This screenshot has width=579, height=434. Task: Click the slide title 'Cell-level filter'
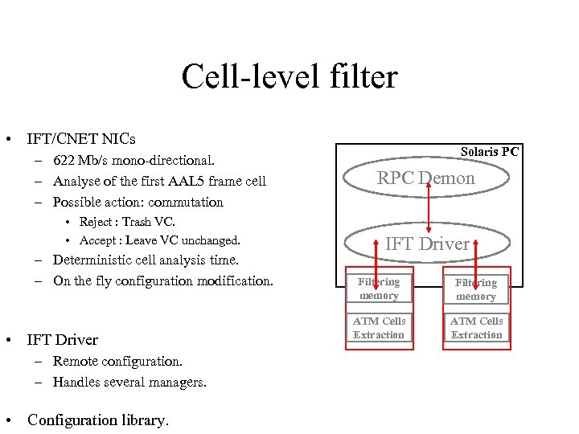(x=289, y=77)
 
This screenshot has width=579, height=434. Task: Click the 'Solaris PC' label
(x=489, y=151)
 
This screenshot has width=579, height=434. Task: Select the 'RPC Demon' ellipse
(x=426, y=178)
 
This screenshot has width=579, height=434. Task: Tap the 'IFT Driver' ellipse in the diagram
(x=426, y=244)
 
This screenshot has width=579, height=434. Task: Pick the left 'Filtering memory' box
(x=379, y=289)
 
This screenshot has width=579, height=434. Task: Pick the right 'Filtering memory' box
(x=476, y=289)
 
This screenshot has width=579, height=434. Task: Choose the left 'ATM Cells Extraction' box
(x=379, y=328)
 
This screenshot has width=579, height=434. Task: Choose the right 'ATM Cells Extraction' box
(x=476, y=328)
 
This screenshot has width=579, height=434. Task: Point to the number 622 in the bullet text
(x=65, y=160)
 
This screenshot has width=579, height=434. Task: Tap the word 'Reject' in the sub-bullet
(x=97, y=222)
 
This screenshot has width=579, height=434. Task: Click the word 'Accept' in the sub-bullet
(x=99, y=240)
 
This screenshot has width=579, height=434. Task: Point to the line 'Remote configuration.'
(x=117, y=361)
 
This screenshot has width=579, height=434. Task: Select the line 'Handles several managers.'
(x=129, y=382)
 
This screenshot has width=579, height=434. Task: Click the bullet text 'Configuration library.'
(x=98, y=420)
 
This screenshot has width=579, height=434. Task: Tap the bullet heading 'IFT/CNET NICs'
(x=80, y=139)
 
